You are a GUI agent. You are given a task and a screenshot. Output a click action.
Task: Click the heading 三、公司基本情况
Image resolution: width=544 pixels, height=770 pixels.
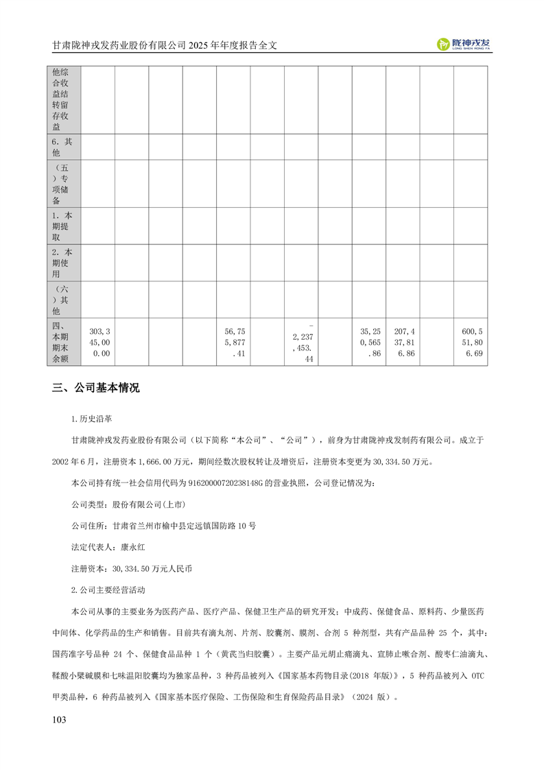click(x=96, y=388)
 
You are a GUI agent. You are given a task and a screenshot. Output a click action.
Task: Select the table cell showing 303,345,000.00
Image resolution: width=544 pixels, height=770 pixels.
click(x=97, y=342)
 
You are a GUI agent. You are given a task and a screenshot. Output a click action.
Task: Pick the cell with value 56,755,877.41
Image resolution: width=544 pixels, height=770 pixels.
click(x=233, y=342)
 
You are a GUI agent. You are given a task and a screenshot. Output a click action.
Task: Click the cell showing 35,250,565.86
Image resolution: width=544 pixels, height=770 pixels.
click(x=368, y=342)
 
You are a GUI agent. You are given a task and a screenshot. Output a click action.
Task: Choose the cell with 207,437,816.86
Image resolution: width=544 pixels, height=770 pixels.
click(x=402, y=342)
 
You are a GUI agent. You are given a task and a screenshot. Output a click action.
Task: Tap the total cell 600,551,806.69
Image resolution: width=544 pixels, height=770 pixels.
click(x=470, y=342)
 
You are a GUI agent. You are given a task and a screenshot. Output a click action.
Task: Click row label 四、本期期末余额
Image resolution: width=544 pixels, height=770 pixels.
click(x=63, y=342)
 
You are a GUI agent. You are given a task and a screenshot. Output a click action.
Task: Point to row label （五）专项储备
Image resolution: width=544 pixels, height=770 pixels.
click(x=63, y=183)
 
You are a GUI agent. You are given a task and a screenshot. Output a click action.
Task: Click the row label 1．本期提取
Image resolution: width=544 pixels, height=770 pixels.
click(x=63, y=226)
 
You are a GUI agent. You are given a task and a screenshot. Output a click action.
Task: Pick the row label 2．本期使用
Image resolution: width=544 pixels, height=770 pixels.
click(x=63, y=262)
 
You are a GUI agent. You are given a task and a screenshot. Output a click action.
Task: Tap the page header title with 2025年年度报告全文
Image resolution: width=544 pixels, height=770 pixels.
click(x=169, y=45)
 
